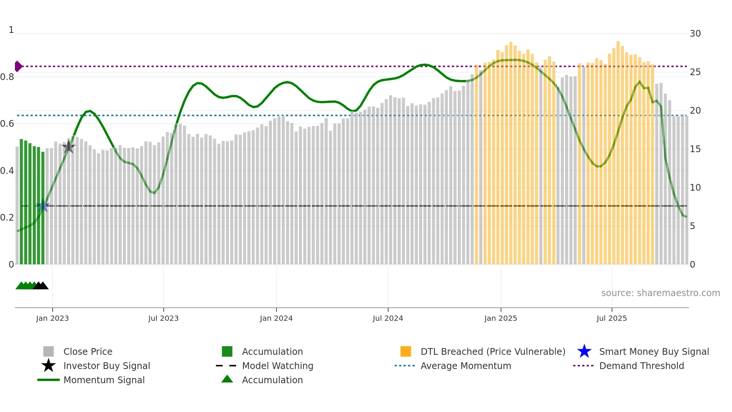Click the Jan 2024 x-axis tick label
tap(276, 318)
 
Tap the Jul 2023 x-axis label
tap(163, 318)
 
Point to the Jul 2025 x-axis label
tap(611, 318)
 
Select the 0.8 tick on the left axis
tap(7, 77)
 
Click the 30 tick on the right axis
tap(695, 34)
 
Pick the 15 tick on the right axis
tap(695, 149)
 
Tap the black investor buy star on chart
tap(68, 147)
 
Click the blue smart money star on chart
tap(43, 206)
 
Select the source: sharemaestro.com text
tap(660, 293)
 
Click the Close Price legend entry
tap(88, 351)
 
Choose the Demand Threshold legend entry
tap(641, 366)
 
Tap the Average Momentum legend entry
tap(465, 366)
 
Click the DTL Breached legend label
tap(493, 351)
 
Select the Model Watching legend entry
tap(277, 366)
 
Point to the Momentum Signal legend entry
tap(104, 380)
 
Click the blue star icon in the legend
tap(584, 351)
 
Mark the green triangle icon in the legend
tap(227, 379)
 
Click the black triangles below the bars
tap(41, 286)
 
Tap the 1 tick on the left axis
tap(11, 30)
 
